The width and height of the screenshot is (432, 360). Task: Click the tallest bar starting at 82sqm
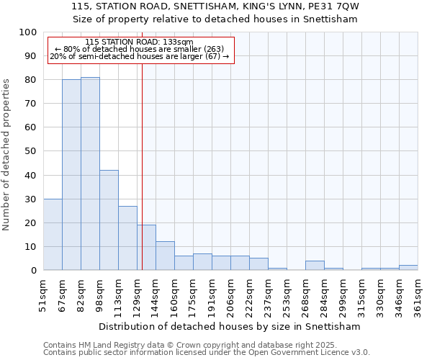coord(90,174)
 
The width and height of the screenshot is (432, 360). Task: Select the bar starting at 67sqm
coord(71,175)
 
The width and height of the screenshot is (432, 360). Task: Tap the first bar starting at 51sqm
coord(53,235)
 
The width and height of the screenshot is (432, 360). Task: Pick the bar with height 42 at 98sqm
coord(109,220)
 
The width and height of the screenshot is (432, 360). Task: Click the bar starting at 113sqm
coord(127,238)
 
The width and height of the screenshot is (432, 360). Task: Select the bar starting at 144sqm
coord(165,256)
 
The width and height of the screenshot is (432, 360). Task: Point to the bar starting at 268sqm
coord(315,266)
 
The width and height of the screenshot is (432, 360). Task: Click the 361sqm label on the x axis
coord(418,295)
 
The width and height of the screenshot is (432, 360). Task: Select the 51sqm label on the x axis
coord(43,295)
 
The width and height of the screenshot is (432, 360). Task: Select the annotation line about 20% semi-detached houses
coord(140,56)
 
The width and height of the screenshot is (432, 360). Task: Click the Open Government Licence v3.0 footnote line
coord(207,353)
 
